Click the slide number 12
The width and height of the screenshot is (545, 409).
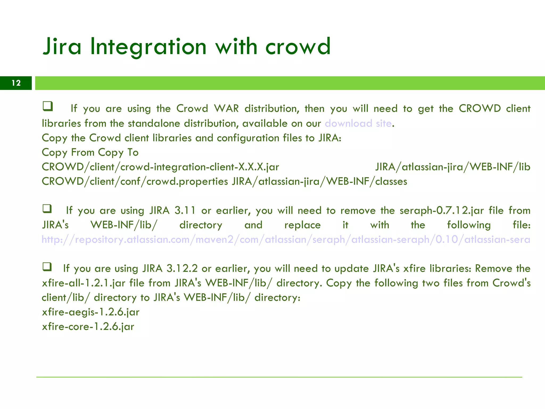16,83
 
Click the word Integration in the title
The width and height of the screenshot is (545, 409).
148,47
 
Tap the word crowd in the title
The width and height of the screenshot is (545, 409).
298,47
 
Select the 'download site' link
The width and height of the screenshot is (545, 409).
358,124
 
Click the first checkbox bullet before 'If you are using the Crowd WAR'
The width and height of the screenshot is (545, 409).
48,106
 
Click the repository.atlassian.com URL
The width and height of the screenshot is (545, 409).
286,240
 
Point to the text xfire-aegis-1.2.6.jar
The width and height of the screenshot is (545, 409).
90,312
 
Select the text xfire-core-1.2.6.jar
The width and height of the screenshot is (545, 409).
88,327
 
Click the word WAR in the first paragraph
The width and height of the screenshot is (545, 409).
226,109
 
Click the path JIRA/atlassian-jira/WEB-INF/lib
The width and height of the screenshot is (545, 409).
453,167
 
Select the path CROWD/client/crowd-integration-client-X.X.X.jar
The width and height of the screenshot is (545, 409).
160,167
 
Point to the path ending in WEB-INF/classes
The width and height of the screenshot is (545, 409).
319,182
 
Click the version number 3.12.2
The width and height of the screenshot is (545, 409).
182,268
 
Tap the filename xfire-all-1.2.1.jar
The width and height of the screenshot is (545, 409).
84,283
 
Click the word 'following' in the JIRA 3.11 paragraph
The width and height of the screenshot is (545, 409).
469,225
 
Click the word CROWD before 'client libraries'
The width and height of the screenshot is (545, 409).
480,109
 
